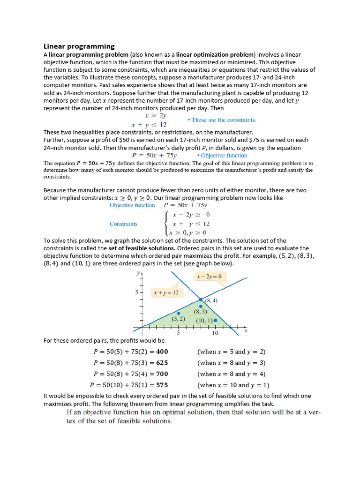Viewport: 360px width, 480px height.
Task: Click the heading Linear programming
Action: coord(79,46)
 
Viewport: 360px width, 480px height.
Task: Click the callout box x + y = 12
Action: coord(166,292)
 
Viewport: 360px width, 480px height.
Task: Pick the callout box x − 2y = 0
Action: coord(209,277)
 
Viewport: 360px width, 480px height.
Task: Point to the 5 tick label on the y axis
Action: coord(136,292)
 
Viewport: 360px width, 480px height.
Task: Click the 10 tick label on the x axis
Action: coord(215,333)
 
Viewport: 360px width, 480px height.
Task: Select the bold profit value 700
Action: coord(162,374)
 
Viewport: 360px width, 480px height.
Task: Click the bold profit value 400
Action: coord(162,352)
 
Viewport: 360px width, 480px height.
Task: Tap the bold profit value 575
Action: coord(162,385)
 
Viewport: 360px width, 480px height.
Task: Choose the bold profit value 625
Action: coord(162,363)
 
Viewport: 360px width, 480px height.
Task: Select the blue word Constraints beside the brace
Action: coord(123,224)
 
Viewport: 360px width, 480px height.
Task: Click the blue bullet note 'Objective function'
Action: coord(222,156)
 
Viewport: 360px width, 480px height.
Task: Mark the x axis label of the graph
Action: coord(246,330)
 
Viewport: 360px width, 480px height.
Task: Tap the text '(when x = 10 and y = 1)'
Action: coord(233,385)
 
